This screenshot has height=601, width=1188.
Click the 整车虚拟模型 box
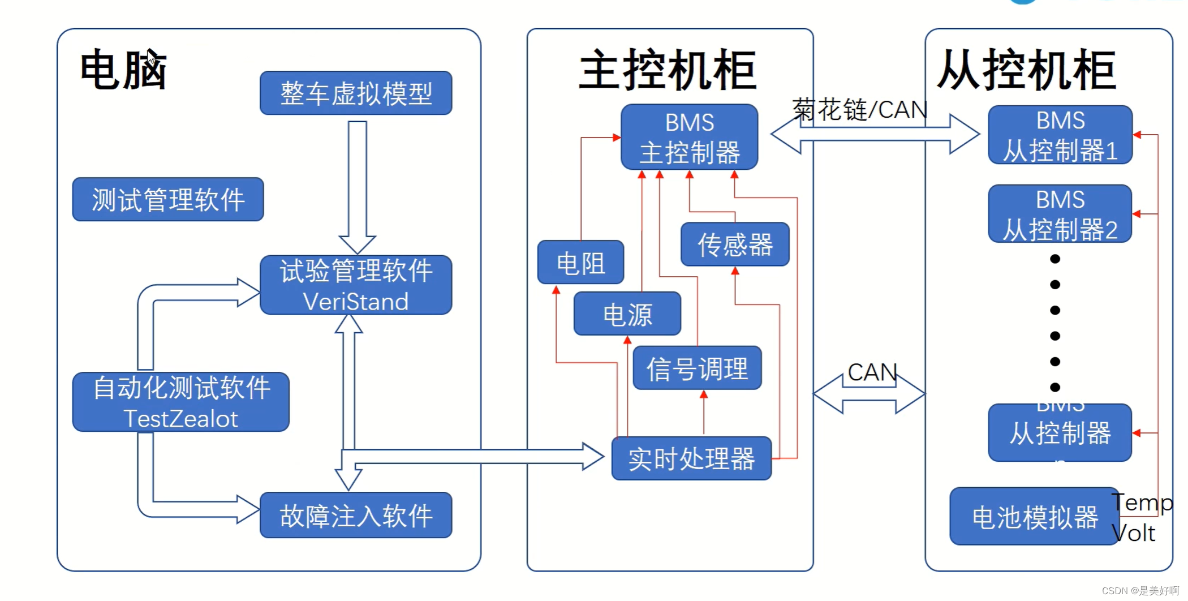click(356, 93)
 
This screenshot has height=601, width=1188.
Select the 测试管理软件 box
click(168, 199)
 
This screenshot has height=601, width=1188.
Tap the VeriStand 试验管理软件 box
click(356, 285)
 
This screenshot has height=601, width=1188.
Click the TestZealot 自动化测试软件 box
click(181, 402)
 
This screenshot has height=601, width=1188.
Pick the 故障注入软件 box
click(356, 515)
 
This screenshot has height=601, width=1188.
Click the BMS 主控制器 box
click(689, 137)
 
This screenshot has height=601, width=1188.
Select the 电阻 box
click(580, 262)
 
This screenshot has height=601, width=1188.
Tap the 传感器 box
click(735, 244)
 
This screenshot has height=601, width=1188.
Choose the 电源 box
click(627, 314)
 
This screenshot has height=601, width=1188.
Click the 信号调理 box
click(697, 368)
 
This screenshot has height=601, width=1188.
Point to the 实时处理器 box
click(691, 458)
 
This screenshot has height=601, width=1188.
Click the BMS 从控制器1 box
click(1060, 135)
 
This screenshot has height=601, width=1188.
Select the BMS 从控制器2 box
click(1060, 214)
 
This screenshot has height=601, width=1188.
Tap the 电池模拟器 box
click(1034, 516)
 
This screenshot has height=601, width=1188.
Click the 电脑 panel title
click(123, 70)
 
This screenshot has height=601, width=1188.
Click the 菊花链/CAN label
click(859, 109)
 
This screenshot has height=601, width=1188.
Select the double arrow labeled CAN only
click(869, 394)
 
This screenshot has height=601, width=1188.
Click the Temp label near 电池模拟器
click(1142, 503)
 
